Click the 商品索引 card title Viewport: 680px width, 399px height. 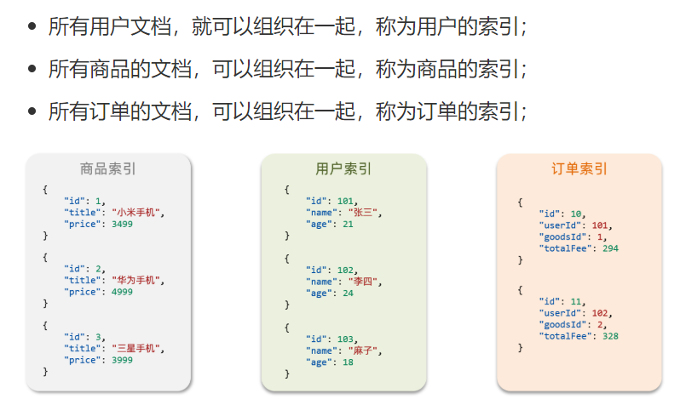point(107,168)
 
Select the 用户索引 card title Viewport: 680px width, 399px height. point(343,168)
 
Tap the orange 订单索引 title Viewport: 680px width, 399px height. point(579,168)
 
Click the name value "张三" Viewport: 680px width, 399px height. point(363,212)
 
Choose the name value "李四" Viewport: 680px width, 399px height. point(363,281)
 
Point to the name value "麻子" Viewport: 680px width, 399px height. point(363,350)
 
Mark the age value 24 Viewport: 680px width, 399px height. point(348,293)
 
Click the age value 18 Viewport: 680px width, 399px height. point(348,362)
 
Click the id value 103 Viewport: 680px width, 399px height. point(346,339)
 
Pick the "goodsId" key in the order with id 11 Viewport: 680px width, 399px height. point(563,324)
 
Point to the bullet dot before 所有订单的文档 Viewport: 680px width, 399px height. point(32,111)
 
